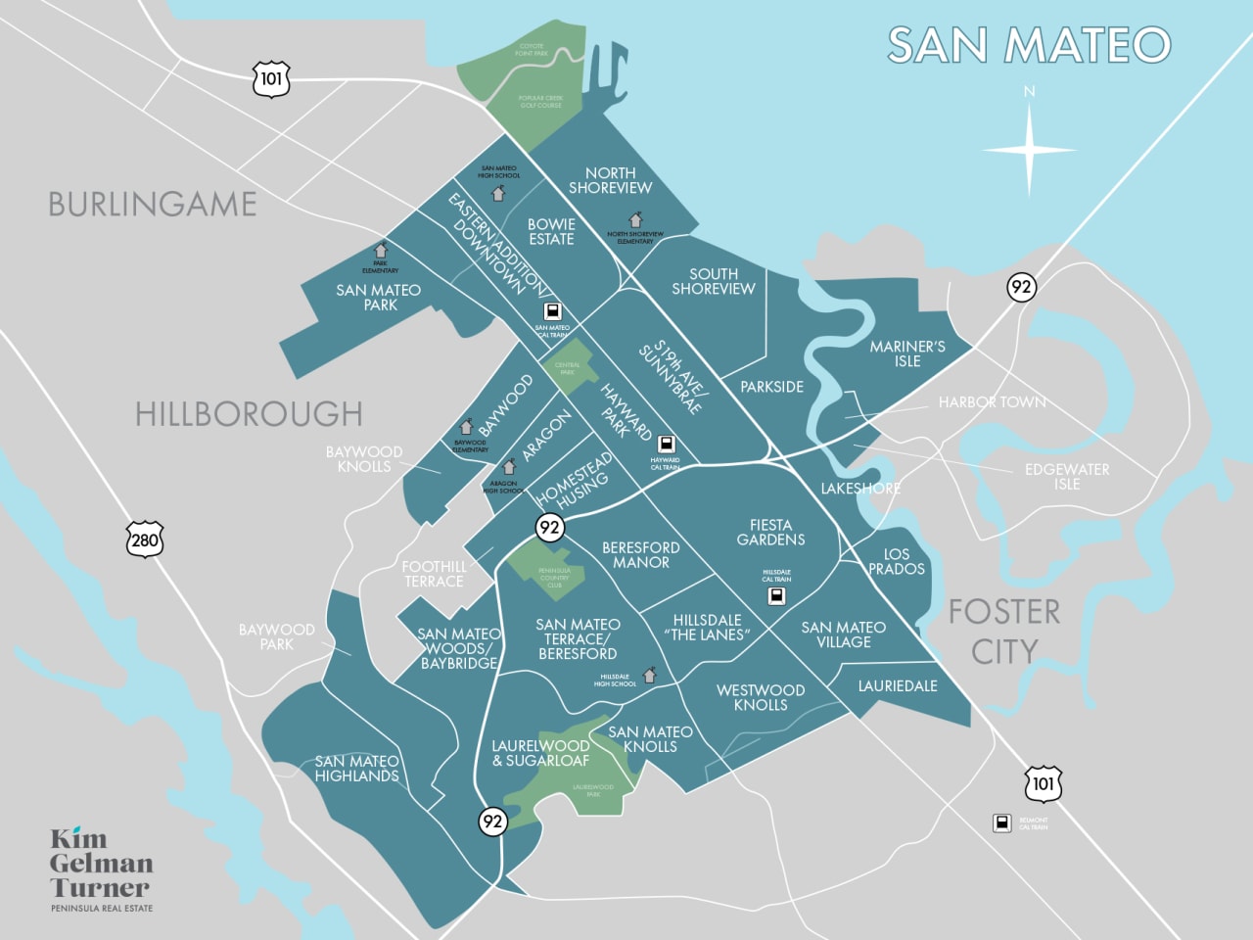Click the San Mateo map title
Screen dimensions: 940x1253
[1029, 45]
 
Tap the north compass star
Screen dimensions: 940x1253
[1029, 150]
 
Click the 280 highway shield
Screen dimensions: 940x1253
[144, 540]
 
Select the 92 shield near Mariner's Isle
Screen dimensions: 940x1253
[1021, 287]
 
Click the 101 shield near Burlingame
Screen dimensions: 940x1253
[271, 78]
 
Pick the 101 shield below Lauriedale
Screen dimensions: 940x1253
[1043, 783]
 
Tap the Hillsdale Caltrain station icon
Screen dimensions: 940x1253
[776, 595]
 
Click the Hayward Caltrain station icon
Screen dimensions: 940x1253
[666, 445]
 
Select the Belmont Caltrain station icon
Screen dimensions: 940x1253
[1002, 822]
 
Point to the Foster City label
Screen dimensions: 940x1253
[1004, 631]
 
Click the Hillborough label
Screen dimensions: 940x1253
[249, 413]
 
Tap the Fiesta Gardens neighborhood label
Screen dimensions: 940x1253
[771, 532]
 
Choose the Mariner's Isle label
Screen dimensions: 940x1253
[907, 353]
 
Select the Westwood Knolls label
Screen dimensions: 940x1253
[761, 697]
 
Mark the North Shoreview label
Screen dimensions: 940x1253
[610, 180]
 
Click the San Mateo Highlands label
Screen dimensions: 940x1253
[357, 769]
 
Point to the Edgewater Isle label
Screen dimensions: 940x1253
[1067, 476]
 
